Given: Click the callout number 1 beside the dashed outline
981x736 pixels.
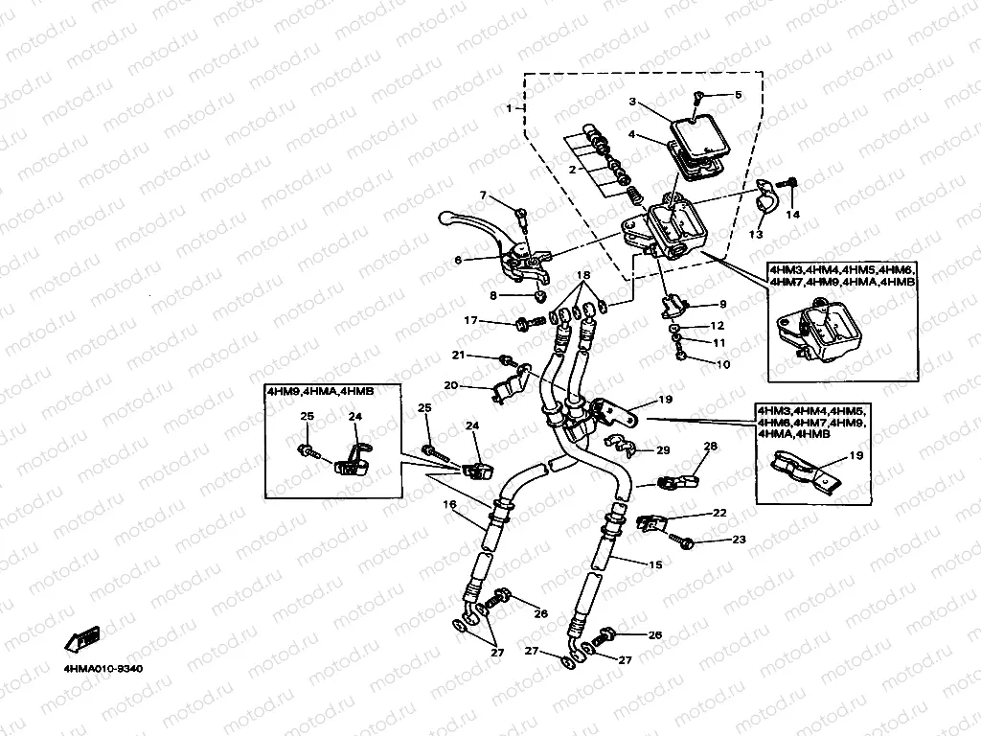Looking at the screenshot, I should coord(509,107).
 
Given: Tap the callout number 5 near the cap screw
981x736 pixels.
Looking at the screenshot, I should coord(738,95).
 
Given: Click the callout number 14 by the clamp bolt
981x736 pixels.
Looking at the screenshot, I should coord(791,215).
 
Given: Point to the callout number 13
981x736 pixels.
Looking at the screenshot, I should coord(756,234).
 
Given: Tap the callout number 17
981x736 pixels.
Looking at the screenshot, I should coord(471,320).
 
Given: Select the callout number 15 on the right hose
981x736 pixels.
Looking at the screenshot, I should coord(655,565).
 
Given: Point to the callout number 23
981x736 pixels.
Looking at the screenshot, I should coord(738,540).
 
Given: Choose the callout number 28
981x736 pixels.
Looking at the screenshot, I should coord(710,447).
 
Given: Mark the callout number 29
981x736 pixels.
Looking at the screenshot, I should coord(663,449).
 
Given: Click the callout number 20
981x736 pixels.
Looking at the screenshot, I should coord(449,386).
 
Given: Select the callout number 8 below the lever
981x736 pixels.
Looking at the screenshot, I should coord(493,295).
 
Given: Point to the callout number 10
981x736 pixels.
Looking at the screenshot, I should coord(722,364).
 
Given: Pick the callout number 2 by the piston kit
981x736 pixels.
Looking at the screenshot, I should coord(572,170).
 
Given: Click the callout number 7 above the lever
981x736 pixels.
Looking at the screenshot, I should coord(484,196).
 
